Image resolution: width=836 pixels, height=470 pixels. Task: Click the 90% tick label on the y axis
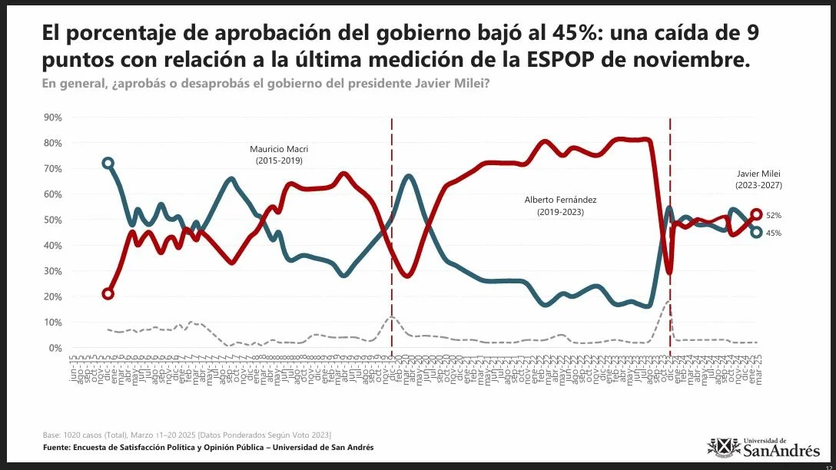click(53, 118)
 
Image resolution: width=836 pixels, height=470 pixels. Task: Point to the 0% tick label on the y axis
click(55, 348)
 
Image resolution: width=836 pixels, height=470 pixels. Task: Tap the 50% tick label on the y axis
click(53, 220)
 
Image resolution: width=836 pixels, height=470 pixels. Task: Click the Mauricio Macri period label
click(278, 154)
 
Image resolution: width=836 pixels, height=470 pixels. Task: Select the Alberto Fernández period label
click(560, 205)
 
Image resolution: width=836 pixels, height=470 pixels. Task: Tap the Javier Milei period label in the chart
click(759, 180)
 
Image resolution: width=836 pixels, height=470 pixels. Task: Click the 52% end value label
click(774, 216)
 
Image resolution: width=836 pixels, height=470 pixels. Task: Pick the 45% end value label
click(774, 233)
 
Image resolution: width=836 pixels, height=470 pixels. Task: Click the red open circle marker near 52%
click(756, 215)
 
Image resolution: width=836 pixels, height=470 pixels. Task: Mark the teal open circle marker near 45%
click(756, 232)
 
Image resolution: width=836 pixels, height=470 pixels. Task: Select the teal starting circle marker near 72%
click(108, 163)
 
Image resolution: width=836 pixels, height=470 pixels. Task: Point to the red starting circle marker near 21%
click(108, 293)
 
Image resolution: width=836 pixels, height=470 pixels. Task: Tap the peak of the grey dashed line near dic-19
click(392, 316)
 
